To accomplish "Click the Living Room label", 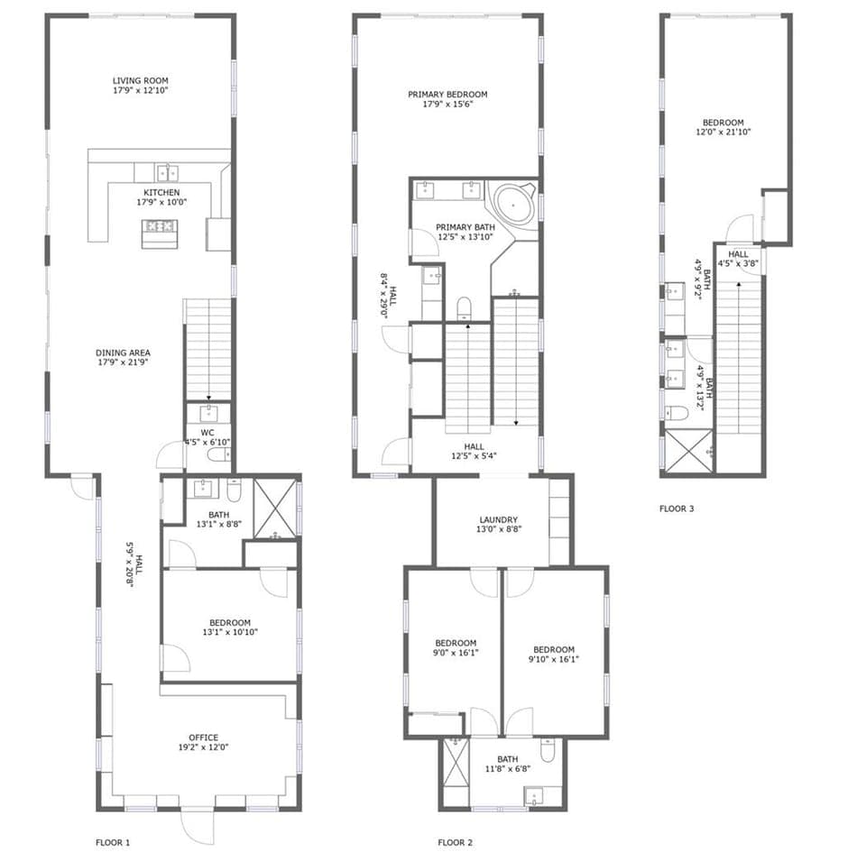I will pos(140,80).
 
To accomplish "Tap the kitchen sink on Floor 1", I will pos(166,172).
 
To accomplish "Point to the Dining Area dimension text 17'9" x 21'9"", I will pos(123,362).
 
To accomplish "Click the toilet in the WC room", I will pos(217,455).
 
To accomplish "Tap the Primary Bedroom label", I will pos(447,95).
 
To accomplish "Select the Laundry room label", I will pos(498,520).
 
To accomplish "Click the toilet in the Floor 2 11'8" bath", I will pos(547,752).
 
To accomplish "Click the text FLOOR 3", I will pos(677,508).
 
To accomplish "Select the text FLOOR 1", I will pos(113,843).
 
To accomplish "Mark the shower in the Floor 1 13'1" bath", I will pos(275,509).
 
